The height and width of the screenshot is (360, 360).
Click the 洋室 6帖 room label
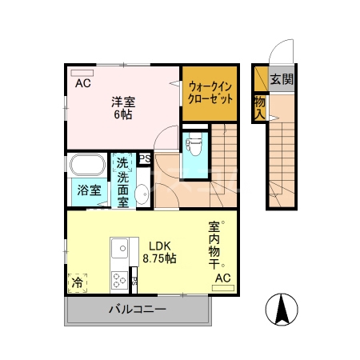[x=122, y=107]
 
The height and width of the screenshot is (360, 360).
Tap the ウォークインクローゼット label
[x=210, y=94]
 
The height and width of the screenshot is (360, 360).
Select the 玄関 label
[x=281, y=79]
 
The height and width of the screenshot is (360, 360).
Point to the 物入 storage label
[x=260, y=107]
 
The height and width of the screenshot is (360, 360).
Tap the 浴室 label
[x=89, y=190]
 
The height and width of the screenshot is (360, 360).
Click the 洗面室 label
[x=123, y=184]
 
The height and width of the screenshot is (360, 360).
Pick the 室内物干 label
[x=214, y=244]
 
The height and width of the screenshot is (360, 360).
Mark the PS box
[x=145, y=158]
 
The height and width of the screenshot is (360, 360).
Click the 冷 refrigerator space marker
[x=78, y=282]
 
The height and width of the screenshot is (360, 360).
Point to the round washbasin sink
[x=141, y=193]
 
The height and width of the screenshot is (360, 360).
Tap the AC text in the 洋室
[x=82, y=83]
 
